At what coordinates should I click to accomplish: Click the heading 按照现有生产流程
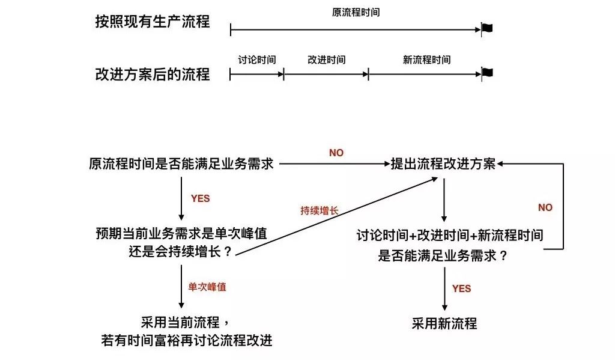(153, 22)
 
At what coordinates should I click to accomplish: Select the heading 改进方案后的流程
(153, 74)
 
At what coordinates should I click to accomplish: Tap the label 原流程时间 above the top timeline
(356, 13)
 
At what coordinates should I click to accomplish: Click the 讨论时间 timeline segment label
(257, 60)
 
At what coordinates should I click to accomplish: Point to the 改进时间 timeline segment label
(326, 60)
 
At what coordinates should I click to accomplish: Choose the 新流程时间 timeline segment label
(427, 60)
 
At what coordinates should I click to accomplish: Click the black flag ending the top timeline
(487, 28)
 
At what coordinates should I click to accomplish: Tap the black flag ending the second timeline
(487, 73)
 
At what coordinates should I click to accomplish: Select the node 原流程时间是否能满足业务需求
(181, 163)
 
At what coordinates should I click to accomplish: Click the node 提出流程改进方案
(443, 163)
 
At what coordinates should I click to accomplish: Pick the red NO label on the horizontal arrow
(336, 153)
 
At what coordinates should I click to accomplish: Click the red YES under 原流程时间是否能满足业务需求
(201, 199)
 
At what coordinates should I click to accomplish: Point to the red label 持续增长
(320, 211)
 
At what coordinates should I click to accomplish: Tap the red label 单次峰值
(207, 287)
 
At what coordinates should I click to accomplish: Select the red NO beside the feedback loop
(545, 207)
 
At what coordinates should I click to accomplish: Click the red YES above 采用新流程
(461, 289)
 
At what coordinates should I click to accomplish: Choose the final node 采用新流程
(444, 324)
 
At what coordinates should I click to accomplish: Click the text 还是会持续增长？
(181, 251)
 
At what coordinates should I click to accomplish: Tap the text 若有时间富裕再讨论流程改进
(187, 340)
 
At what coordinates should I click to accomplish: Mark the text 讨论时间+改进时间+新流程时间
(450, 235)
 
